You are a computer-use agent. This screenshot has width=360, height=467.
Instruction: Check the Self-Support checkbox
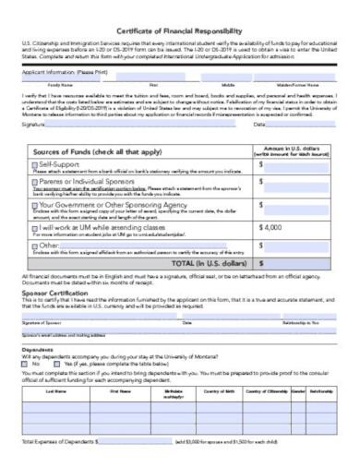(x=31, y=162)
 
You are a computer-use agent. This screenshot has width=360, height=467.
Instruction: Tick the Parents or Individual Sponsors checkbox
(x=31, y=183)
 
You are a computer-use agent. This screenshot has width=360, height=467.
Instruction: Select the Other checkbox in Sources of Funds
(x=31, y=245)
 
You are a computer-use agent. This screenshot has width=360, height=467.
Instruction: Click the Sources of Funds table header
(x=96, y=146)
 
